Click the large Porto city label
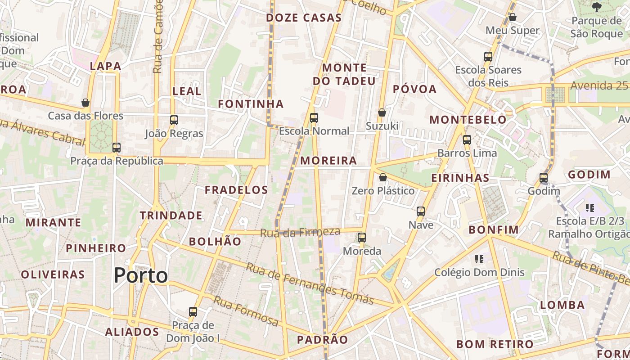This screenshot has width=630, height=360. click(141, 275)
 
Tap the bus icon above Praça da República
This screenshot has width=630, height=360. click(117, 147)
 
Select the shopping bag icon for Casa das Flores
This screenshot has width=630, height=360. click(85, 103)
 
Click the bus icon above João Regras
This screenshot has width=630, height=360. click(174, 120)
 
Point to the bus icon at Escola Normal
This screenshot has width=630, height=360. click(314, 118)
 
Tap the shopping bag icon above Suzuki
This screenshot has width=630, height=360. click(382, 112)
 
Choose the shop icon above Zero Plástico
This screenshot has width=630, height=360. click(382, 177)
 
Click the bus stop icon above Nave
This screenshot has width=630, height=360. click(421, 211)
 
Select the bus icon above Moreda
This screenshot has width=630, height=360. click(362, 237)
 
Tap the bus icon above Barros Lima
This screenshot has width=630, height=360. click(467, 139)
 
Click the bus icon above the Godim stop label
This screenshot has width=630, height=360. click(544, 178)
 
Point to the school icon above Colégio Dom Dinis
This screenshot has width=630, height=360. click(479, 259)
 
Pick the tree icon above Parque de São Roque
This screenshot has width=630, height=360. click(597, 7)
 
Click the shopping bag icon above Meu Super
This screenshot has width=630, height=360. click(512, 17)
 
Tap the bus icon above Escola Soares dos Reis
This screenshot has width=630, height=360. click(488, 56)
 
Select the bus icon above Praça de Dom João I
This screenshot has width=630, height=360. click(193, 311)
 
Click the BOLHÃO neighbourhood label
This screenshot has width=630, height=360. click(215, 241)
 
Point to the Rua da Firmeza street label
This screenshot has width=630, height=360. click(300, 232)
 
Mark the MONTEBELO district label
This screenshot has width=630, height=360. click(468, 120)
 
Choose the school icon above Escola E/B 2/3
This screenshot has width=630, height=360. click(590, 207)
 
